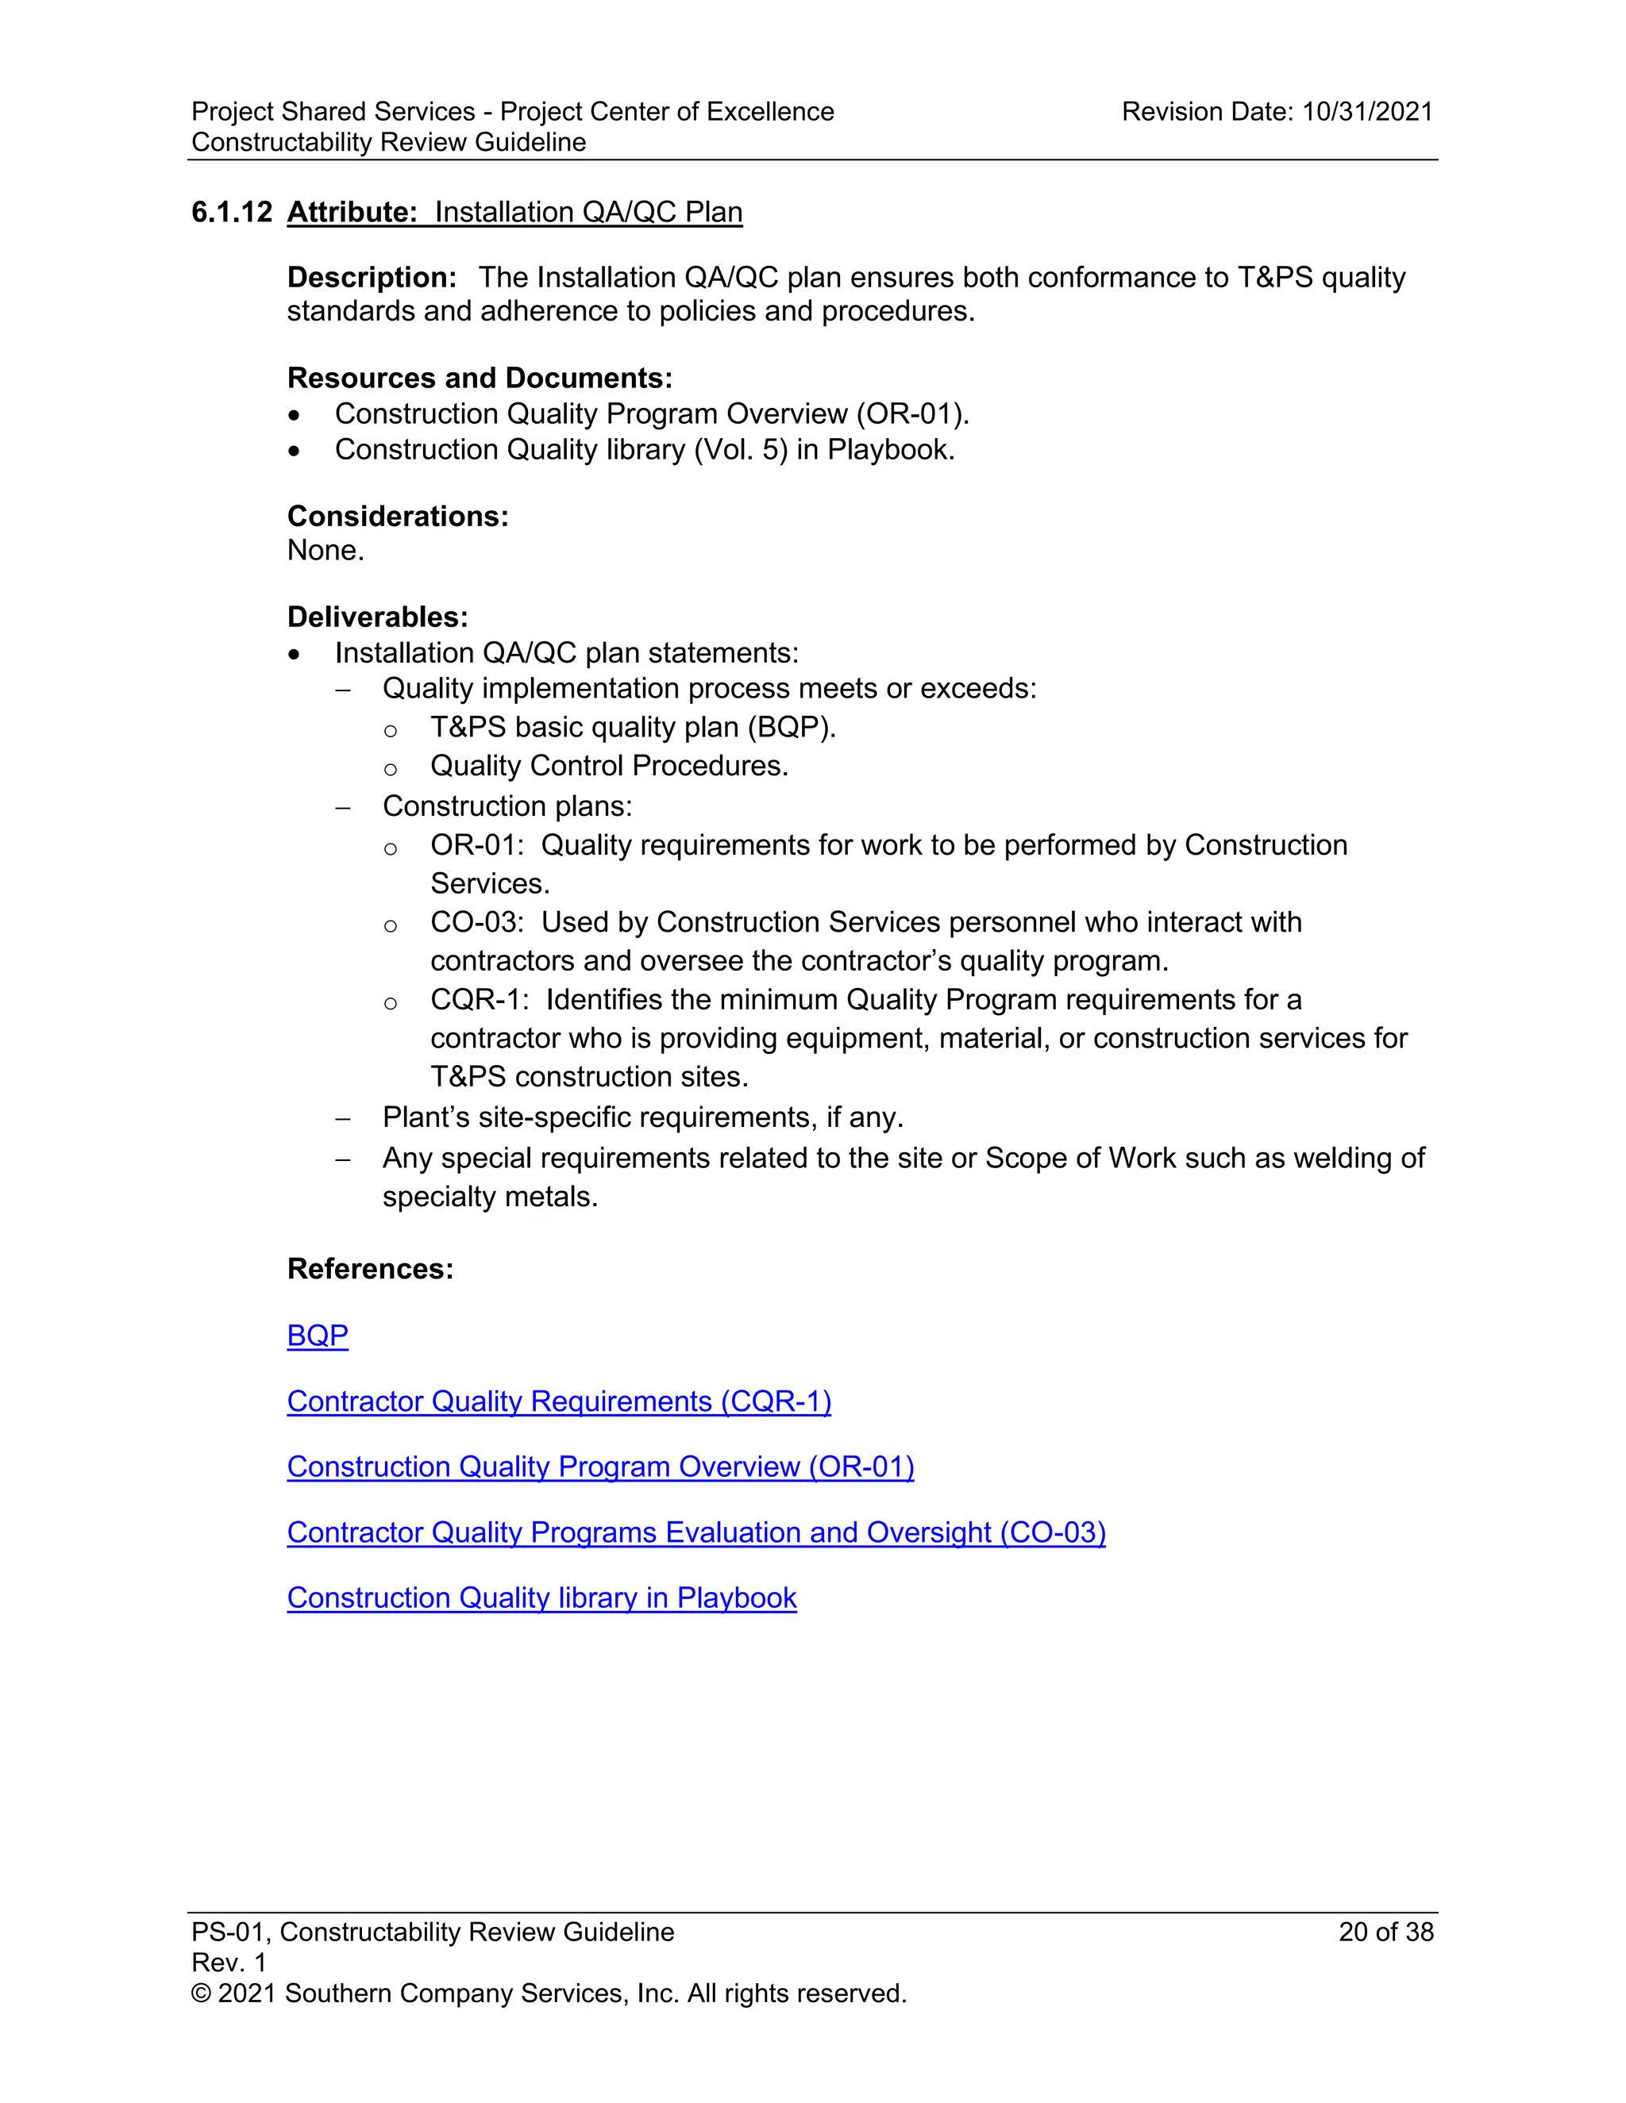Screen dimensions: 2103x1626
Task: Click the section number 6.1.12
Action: [x=231, y=212]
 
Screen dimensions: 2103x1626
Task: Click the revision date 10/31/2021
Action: [x=1367, y=112]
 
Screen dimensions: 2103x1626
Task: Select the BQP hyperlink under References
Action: [x=317, y=1336]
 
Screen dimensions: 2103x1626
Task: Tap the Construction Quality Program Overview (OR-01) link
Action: [x=600, y=1467]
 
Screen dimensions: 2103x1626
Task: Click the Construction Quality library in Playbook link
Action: [x=541, y=1597]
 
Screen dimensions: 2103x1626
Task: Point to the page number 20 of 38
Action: [x=1385, y=1932]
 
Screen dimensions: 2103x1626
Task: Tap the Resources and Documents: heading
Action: [x=480, y=378]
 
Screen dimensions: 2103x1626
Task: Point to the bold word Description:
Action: [x=372, y=277]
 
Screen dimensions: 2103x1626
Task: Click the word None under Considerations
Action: [x=325, y=551]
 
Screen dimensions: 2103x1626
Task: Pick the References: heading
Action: [x=370, y=1268]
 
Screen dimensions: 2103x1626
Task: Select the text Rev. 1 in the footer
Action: [x=229, y=1963]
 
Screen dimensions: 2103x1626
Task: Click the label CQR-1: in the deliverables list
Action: [x=479, y=999]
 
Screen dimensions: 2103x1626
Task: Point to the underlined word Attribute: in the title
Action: [x=352, y=212]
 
